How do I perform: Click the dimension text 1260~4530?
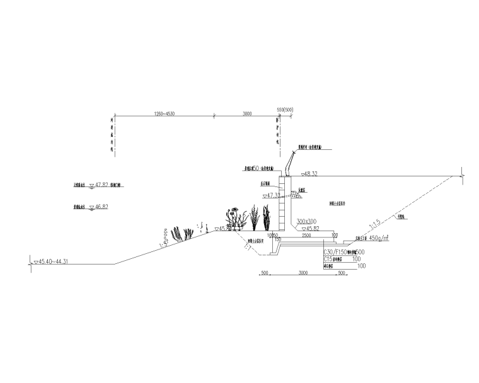pyautogui.click(x=163, y=113)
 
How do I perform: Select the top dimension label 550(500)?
pyautogui.click(x=286, y=110)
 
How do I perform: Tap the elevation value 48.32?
pyautogui.click(x=309, y=173)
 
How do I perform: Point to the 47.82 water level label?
pyautogui.click(x=101, y=186)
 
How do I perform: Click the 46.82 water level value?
pyautogui.click(x=101, y=206)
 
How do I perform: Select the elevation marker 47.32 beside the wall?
pyautogui.click(x=272, y=196)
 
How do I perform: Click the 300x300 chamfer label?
pyautogui.click(x=307, y=221)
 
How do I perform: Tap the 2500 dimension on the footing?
pyautogui.click(x=306, y=235)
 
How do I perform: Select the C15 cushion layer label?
pyautogui.click(x=328, y=259)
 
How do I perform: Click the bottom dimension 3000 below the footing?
pyautogui.click(x=303, y=273)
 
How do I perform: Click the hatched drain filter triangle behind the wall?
pyautogui.click(x=296, y=195)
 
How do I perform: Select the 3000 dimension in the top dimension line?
pyautogui.click(x=246, y=113)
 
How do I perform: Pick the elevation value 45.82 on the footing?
pyautogui.click(x=311, y=228)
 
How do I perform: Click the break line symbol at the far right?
pyautogui.click(x=463, y=171)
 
